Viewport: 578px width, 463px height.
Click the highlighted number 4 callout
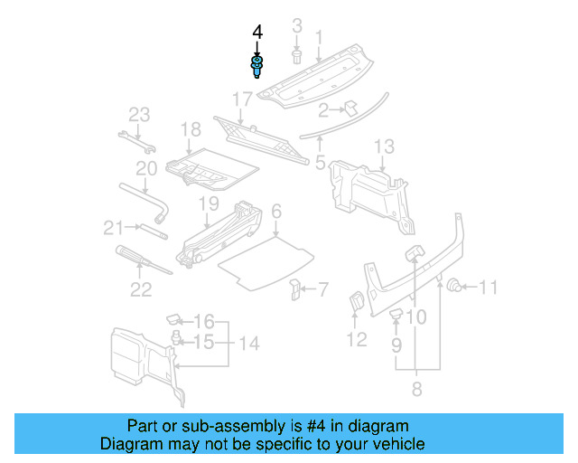click(257, 32)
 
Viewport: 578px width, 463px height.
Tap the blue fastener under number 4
click(257, 65)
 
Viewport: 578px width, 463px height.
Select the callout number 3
click(296, 24)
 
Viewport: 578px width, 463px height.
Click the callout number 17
click(242, 99)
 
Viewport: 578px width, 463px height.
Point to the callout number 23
click(138, 115)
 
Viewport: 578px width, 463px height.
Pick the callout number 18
click(190, 130)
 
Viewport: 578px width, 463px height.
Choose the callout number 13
click(384, 146)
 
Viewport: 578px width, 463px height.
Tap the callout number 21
click(112, 227)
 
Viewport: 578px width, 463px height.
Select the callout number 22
click(140, 289)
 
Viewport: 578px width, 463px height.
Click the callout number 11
click(488, 288)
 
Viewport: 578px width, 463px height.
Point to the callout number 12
click(357, 339)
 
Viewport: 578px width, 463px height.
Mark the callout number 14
click(248, 344)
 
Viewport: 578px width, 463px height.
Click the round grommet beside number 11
click(457, 287)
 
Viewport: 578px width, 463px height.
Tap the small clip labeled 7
click(295, 289)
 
